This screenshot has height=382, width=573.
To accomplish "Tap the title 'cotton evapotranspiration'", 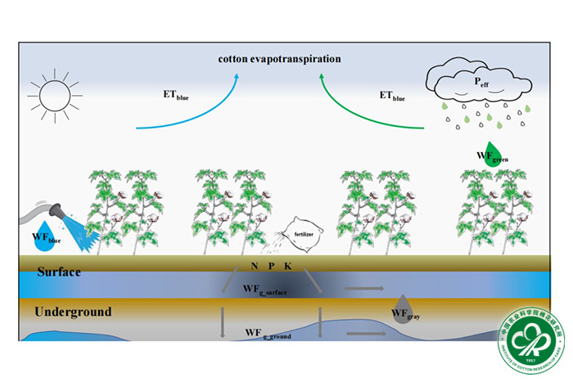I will [279, 59].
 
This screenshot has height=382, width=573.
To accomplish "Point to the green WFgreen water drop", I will [490, 154].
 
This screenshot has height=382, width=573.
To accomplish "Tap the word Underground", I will [72, 312].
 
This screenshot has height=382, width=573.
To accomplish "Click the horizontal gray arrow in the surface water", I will [365, 289].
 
